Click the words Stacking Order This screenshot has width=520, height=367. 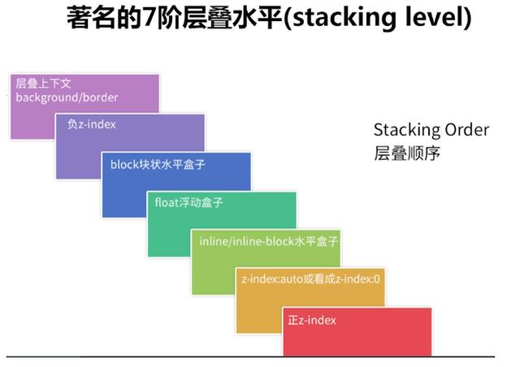click(x=431, y=130)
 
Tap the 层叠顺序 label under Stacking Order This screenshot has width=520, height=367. click(x=406, y=153)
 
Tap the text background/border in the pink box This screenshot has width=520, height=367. click(x=67, y=97)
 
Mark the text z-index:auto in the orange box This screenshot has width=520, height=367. click(x=273, y=279)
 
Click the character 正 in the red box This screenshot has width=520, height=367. click(x=293, y=320)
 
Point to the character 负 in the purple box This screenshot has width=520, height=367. click(x=71, y=124)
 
